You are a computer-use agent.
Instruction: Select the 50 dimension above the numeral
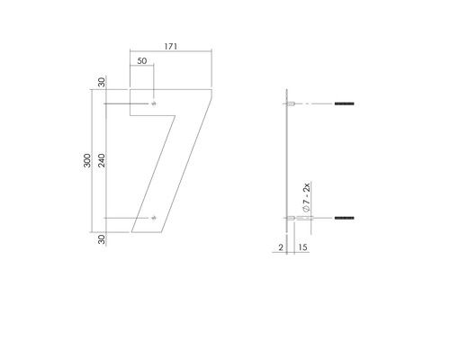[142, 61]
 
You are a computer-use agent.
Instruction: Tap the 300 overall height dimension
[85, 161]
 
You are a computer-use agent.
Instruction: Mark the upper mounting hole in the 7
[154, 105]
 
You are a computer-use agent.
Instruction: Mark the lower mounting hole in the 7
[154, 217]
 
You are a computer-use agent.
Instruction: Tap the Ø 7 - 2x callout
[307, 197]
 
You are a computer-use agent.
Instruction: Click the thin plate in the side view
[287, 162]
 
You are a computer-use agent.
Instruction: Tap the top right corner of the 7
[213, 89]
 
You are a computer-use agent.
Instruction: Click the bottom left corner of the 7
[131, 231]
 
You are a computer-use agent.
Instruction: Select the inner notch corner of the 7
[131, 114]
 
